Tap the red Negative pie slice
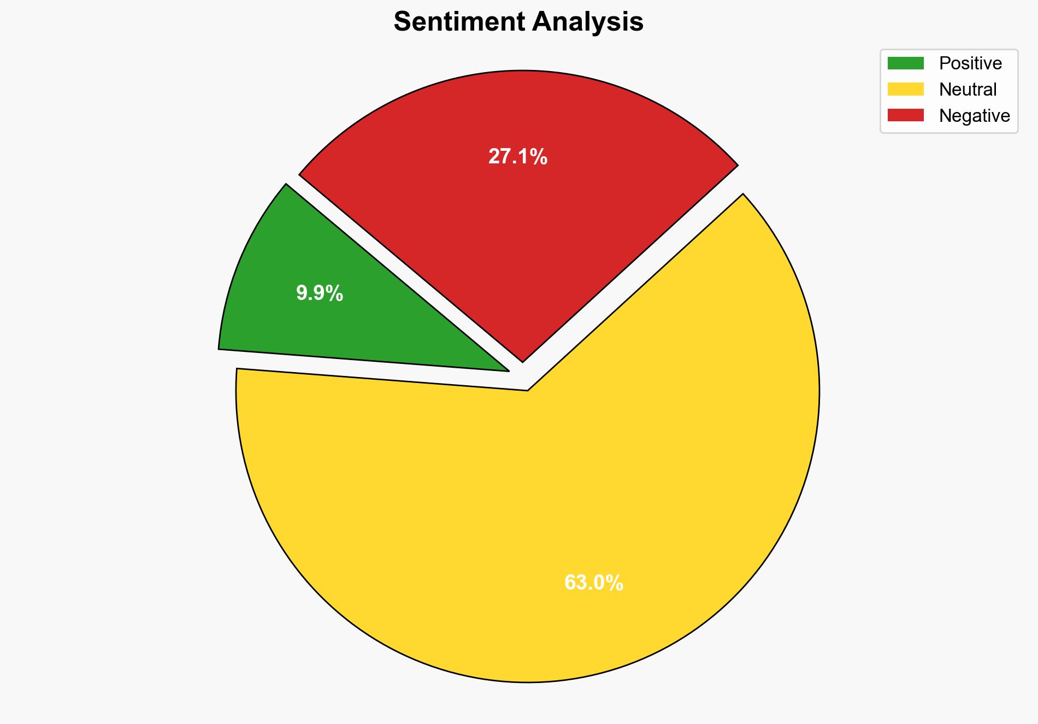click(519, 219)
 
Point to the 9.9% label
click(320, 293)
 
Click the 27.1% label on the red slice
click(517, 157)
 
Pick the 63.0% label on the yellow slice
click(593, 583)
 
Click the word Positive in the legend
click(970, 63)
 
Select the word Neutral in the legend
click(968, 90)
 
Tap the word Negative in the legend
click(974, 116)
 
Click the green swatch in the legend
click(905, 63)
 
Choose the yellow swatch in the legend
click(905, 89)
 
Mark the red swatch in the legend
click(905, 115)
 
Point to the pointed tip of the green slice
click(506, 370)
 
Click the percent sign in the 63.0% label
click(616, 583)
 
